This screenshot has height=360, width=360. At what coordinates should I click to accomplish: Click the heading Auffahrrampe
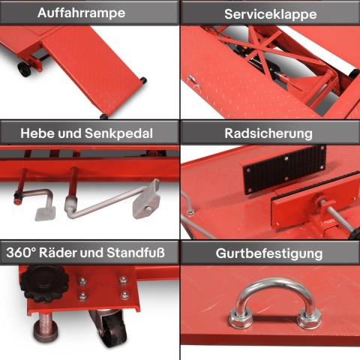[81, 13]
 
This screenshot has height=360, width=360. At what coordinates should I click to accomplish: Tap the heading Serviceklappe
[271, 14]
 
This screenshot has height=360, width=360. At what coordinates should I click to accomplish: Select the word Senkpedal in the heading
[118, 133]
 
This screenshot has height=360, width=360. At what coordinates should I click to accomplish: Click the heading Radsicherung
[268, 133]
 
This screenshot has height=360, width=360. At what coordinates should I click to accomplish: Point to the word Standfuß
[136, 253]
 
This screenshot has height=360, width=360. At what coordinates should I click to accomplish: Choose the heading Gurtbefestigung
[269, 254]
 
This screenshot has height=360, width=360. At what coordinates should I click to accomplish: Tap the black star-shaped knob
[44, 283]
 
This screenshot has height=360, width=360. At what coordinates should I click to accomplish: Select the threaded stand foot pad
[46, 331]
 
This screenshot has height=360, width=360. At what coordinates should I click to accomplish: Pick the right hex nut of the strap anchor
[309, 319]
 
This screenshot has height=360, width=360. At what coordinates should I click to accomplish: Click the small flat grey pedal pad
[45, 214]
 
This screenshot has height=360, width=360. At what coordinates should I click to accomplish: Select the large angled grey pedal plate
[147, 199]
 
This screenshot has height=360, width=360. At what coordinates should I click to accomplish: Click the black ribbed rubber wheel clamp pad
[284, 169]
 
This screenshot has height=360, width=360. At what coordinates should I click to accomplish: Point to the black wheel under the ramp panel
[24, 69]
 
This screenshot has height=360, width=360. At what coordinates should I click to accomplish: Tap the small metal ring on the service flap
[193, 81]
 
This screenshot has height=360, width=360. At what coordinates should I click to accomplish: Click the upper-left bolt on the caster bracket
[82, 281]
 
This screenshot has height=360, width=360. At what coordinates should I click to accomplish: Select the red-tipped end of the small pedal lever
[17, 202]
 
